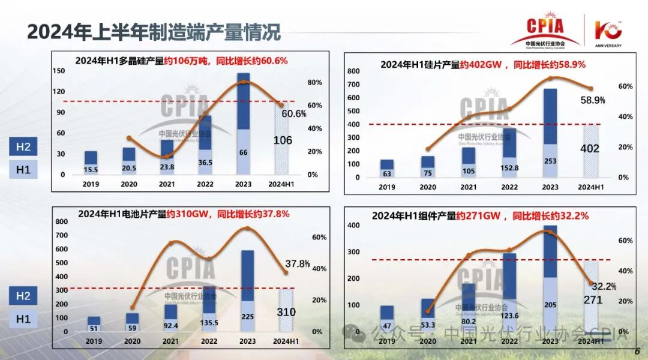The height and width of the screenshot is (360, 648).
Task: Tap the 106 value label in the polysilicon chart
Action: [283, 140]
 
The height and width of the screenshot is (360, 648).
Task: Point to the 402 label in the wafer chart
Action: [590, 148]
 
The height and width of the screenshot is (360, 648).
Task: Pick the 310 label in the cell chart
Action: [286, 312]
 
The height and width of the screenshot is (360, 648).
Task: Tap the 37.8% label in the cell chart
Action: [298, 263]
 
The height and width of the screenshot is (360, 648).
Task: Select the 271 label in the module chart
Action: [592, 299]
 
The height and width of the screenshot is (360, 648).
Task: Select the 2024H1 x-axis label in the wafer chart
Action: [590, 187]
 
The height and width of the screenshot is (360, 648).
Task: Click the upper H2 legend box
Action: [23, 147]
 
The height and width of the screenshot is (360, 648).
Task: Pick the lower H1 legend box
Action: [23, 318]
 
